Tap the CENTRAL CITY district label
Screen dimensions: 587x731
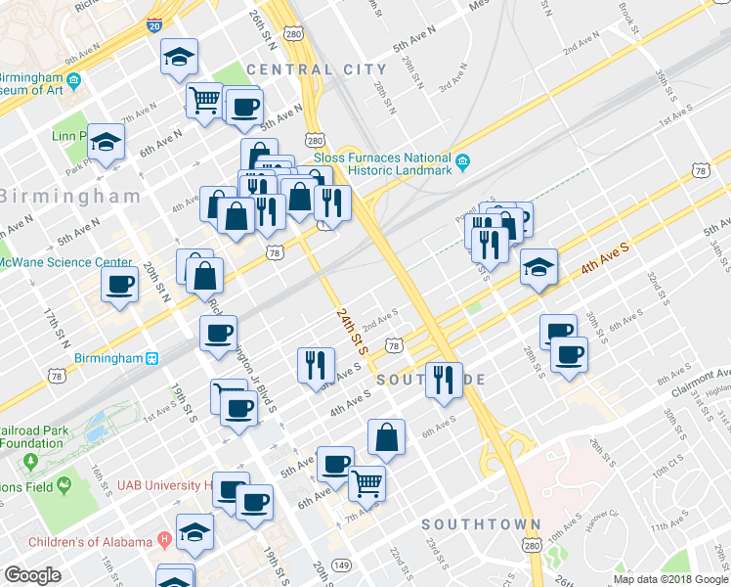point(316,69)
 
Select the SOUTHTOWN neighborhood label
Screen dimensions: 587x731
point(480,525)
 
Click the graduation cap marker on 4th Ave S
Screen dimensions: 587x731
point(538,267)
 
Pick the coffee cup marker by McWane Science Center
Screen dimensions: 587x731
point(120,285)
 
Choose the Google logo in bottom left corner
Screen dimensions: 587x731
point(32,575)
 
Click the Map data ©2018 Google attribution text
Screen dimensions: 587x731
point(669,579)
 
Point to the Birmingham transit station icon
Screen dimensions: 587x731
point(152,359)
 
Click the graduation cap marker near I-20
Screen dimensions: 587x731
point(180,58)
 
